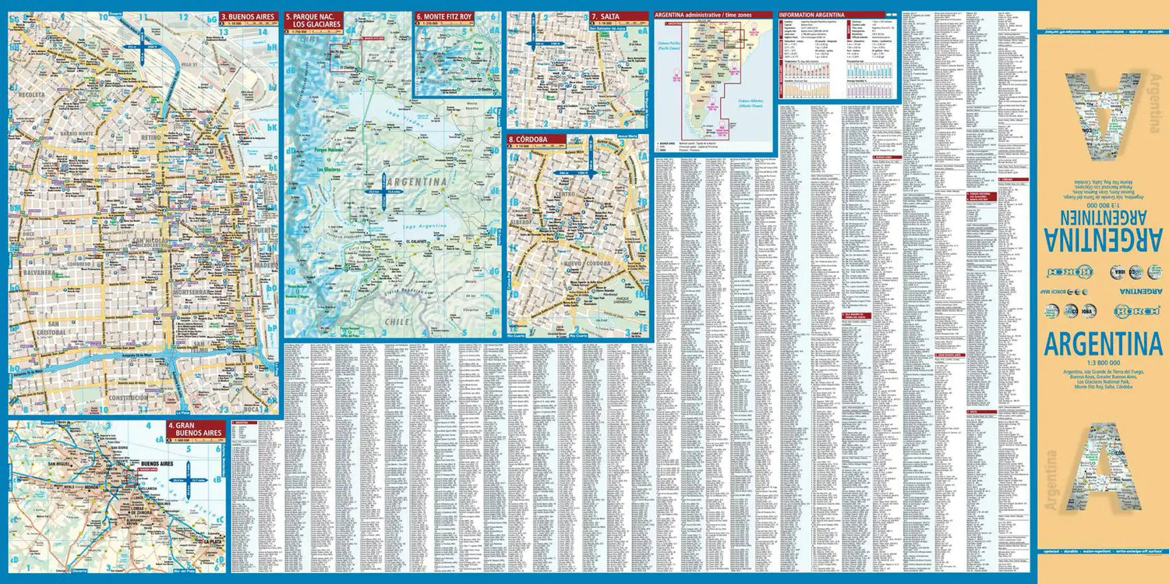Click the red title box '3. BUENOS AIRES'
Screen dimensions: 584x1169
point(248,16)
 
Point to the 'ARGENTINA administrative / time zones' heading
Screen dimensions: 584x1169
point(712,15)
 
